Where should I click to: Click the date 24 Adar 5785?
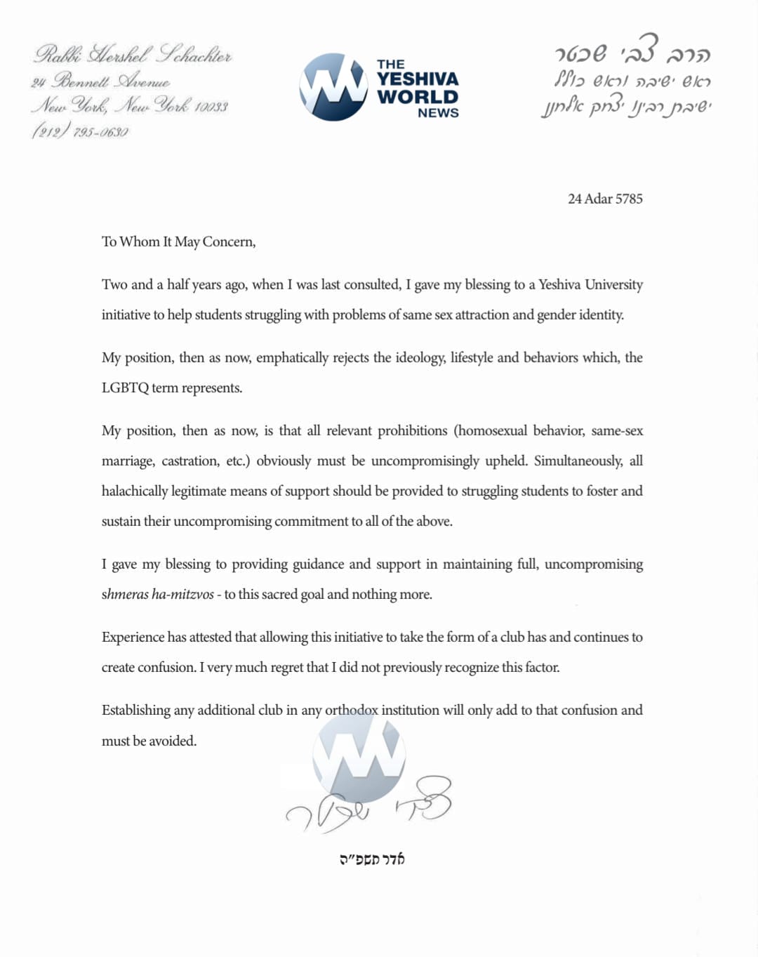[605, 199]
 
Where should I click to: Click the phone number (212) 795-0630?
[80, 131]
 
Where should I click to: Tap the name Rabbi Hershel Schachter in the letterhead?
[133, 54]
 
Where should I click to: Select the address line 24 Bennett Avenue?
[100, 81]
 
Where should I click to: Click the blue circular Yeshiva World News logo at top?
[333, 87]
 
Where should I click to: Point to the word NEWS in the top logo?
[438, 113]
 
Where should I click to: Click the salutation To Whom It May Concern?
[178, 242]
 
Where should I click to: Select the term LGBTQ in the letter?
[125, 388]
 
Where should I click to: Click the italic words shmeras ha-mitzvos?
[157, 594]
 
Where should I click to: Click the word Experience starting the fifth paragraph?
[133, 637]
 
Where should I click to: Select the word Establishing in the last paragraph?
[135, 710]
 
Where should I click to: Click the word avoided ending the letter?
[173, 741]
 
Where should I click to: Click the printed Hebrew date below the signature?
[372, 859]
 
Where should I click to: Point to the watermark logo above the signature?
[359, 754]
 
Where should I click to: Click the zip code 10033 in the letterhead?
[211, 107]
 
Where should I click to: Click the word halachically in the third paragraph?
[134, 491]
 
